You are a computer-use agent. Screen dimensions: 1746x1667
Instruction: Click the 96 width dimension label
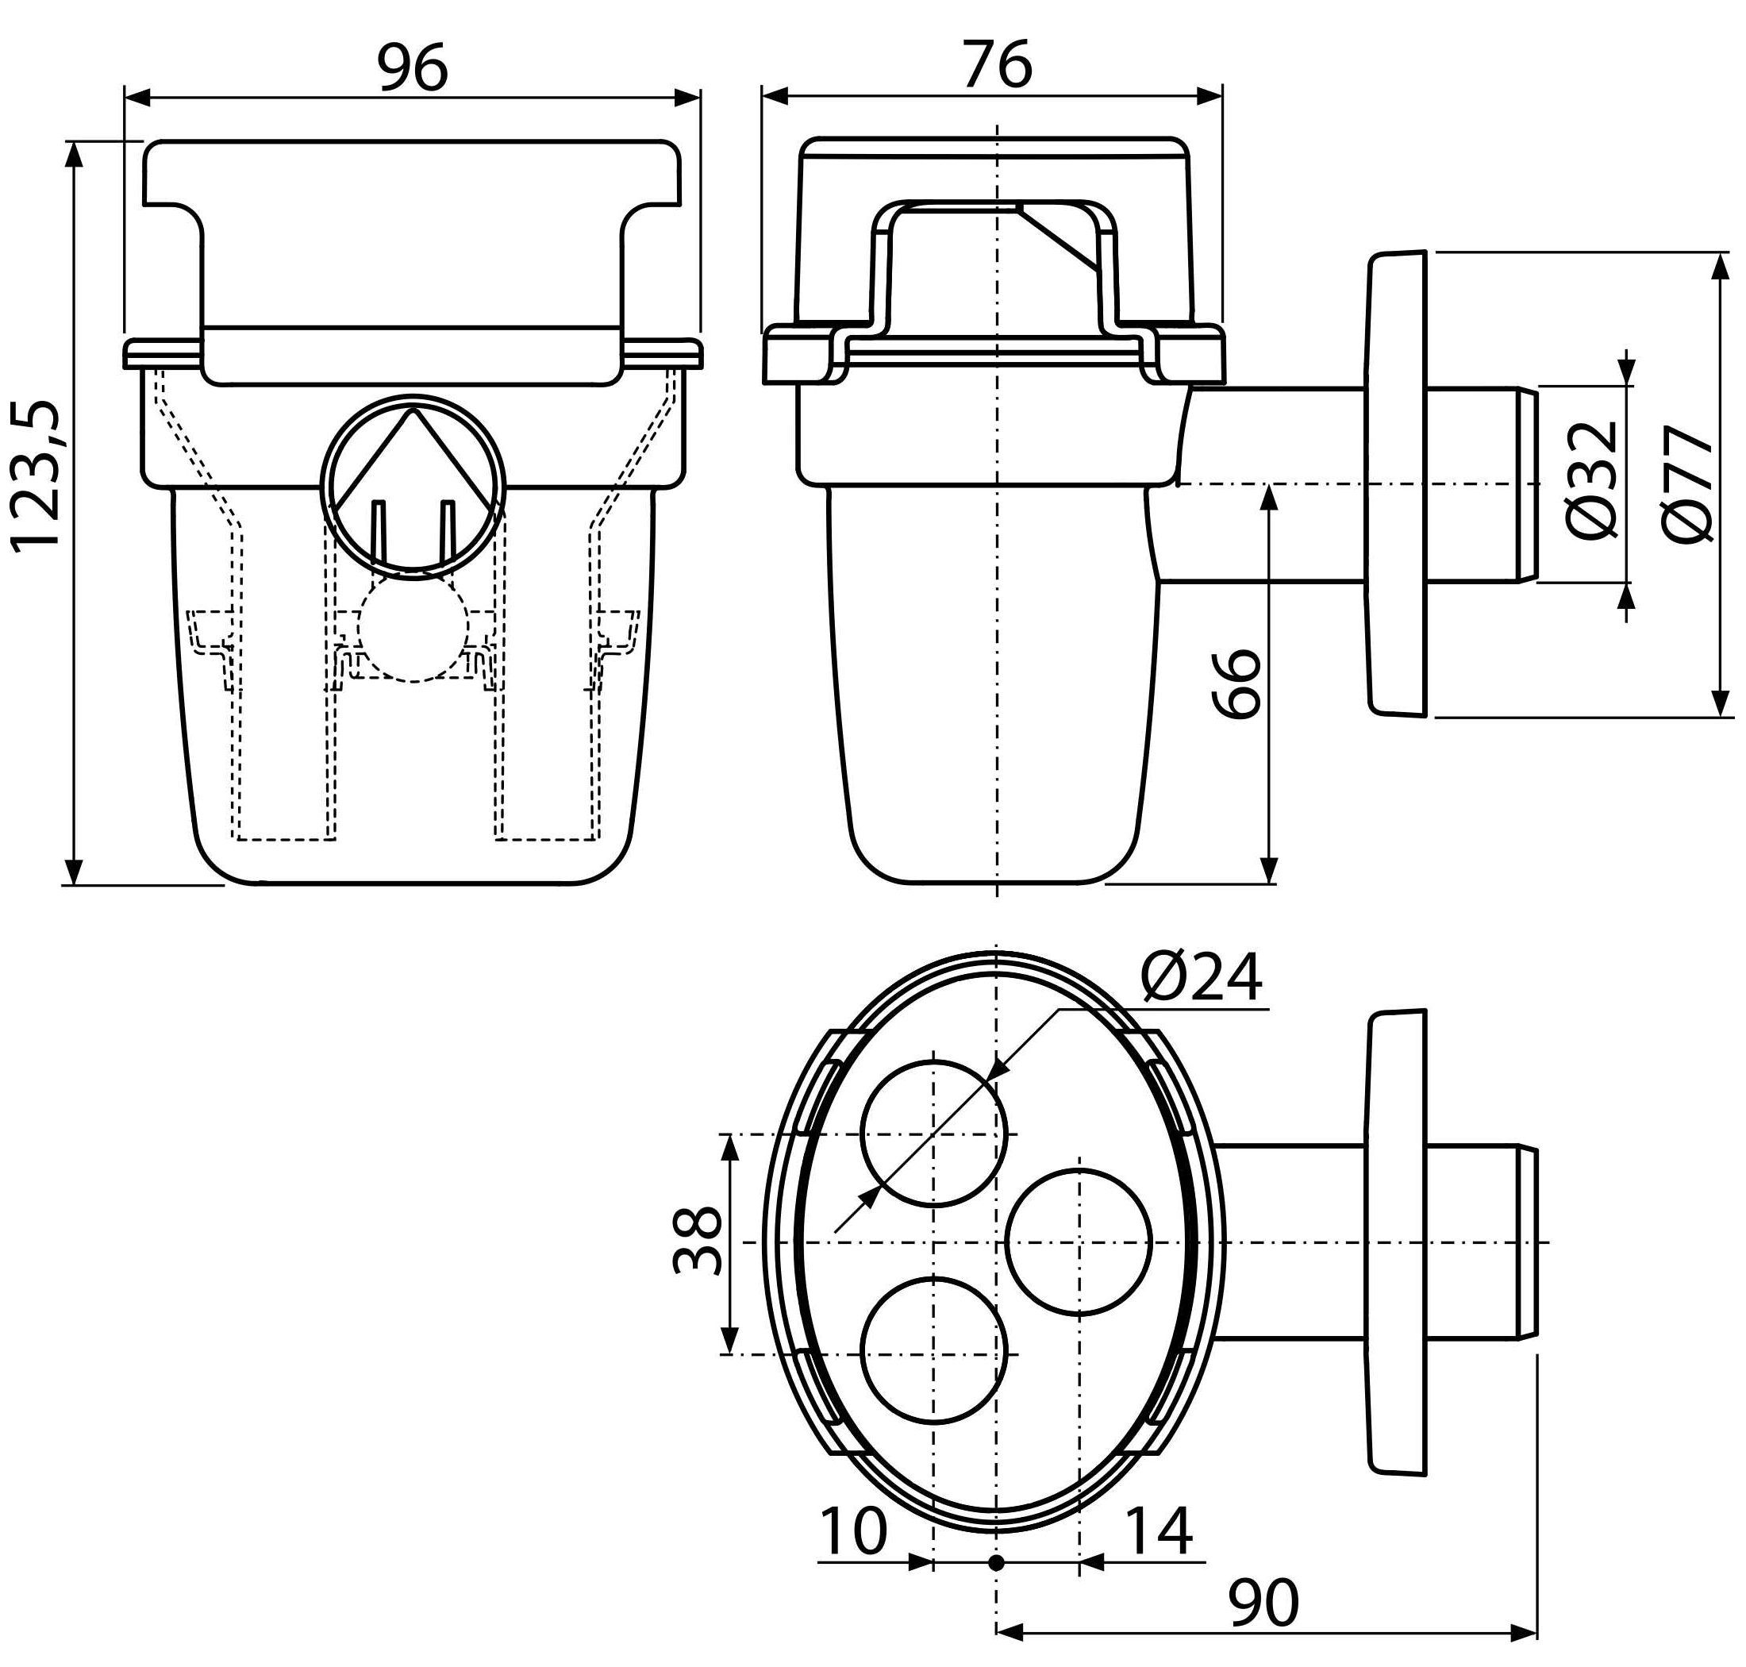click(413, 67)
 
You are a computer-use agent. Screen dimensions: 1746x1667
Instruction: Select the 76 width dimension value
click(998, 65)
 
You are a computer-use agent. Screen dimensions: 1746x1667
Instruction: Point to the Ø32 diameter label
click(1591, 479)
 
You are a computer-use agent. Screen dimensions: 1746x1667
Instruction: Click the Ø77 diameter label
click(1687, 484)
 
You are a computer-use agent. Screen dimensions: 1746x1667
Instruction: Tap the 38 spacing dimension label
click(698, 1242)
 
